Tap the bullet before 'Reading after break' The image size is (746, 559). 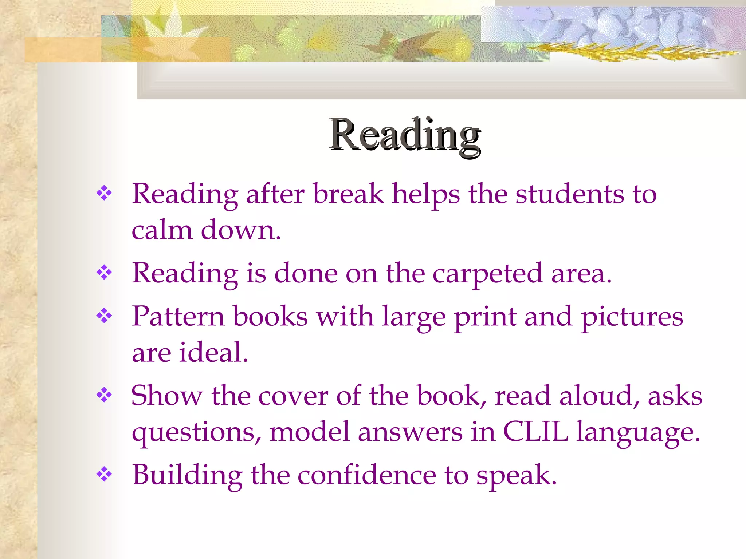point(104,193)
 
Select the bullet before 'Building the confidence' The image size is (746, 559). point(104,474)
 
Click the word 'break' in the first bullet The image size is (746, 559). point(348,194)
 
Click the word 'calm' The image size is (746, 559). point(162,230)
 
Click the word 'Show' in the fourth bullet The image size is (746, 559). point(166,395)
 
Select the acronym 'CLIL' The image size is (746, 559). point(535,432)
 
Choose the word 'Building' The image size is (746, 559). point(187,475)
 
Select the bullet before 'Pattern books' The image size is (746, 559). point(104,316)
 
